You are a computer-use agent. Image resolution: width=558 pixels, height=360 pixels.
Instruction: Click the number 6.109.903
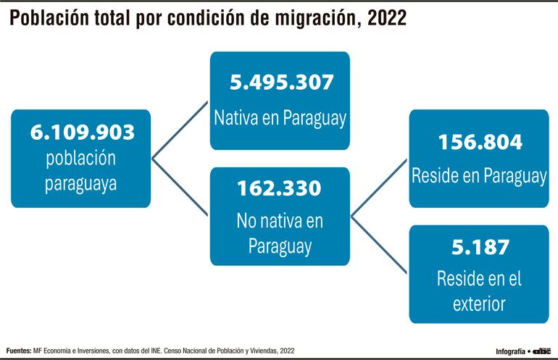point(82,133)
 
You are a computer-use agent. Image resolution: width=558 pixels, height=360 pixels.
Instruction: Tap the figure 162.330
point(279,188)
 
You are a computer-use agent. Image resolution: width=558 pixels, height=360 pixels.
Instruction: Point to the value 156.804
point(479,142)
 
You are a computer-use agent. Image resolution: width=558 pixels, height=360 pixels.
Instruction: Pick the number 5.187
point(479,247)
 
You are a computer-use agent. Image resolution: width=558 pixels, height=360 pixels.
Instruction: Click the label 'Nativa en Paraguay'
point(280,118)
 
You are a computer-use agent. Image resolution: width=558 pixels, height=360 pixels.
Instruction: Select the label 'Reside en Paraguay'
point(479,175)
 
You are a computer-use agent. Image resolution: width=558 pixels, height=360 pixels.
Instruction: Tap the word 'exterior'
point(479,303)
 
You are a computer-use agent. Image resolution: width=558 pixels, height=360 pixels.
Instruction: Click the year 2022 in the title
point(386,20)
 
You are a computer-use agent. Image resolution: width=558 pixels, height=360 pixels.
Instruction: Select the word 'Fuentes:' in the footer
point(18,351)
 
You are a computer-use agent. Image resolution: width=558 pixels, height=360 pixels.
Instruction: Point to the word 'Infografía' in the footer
point(510,351)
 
